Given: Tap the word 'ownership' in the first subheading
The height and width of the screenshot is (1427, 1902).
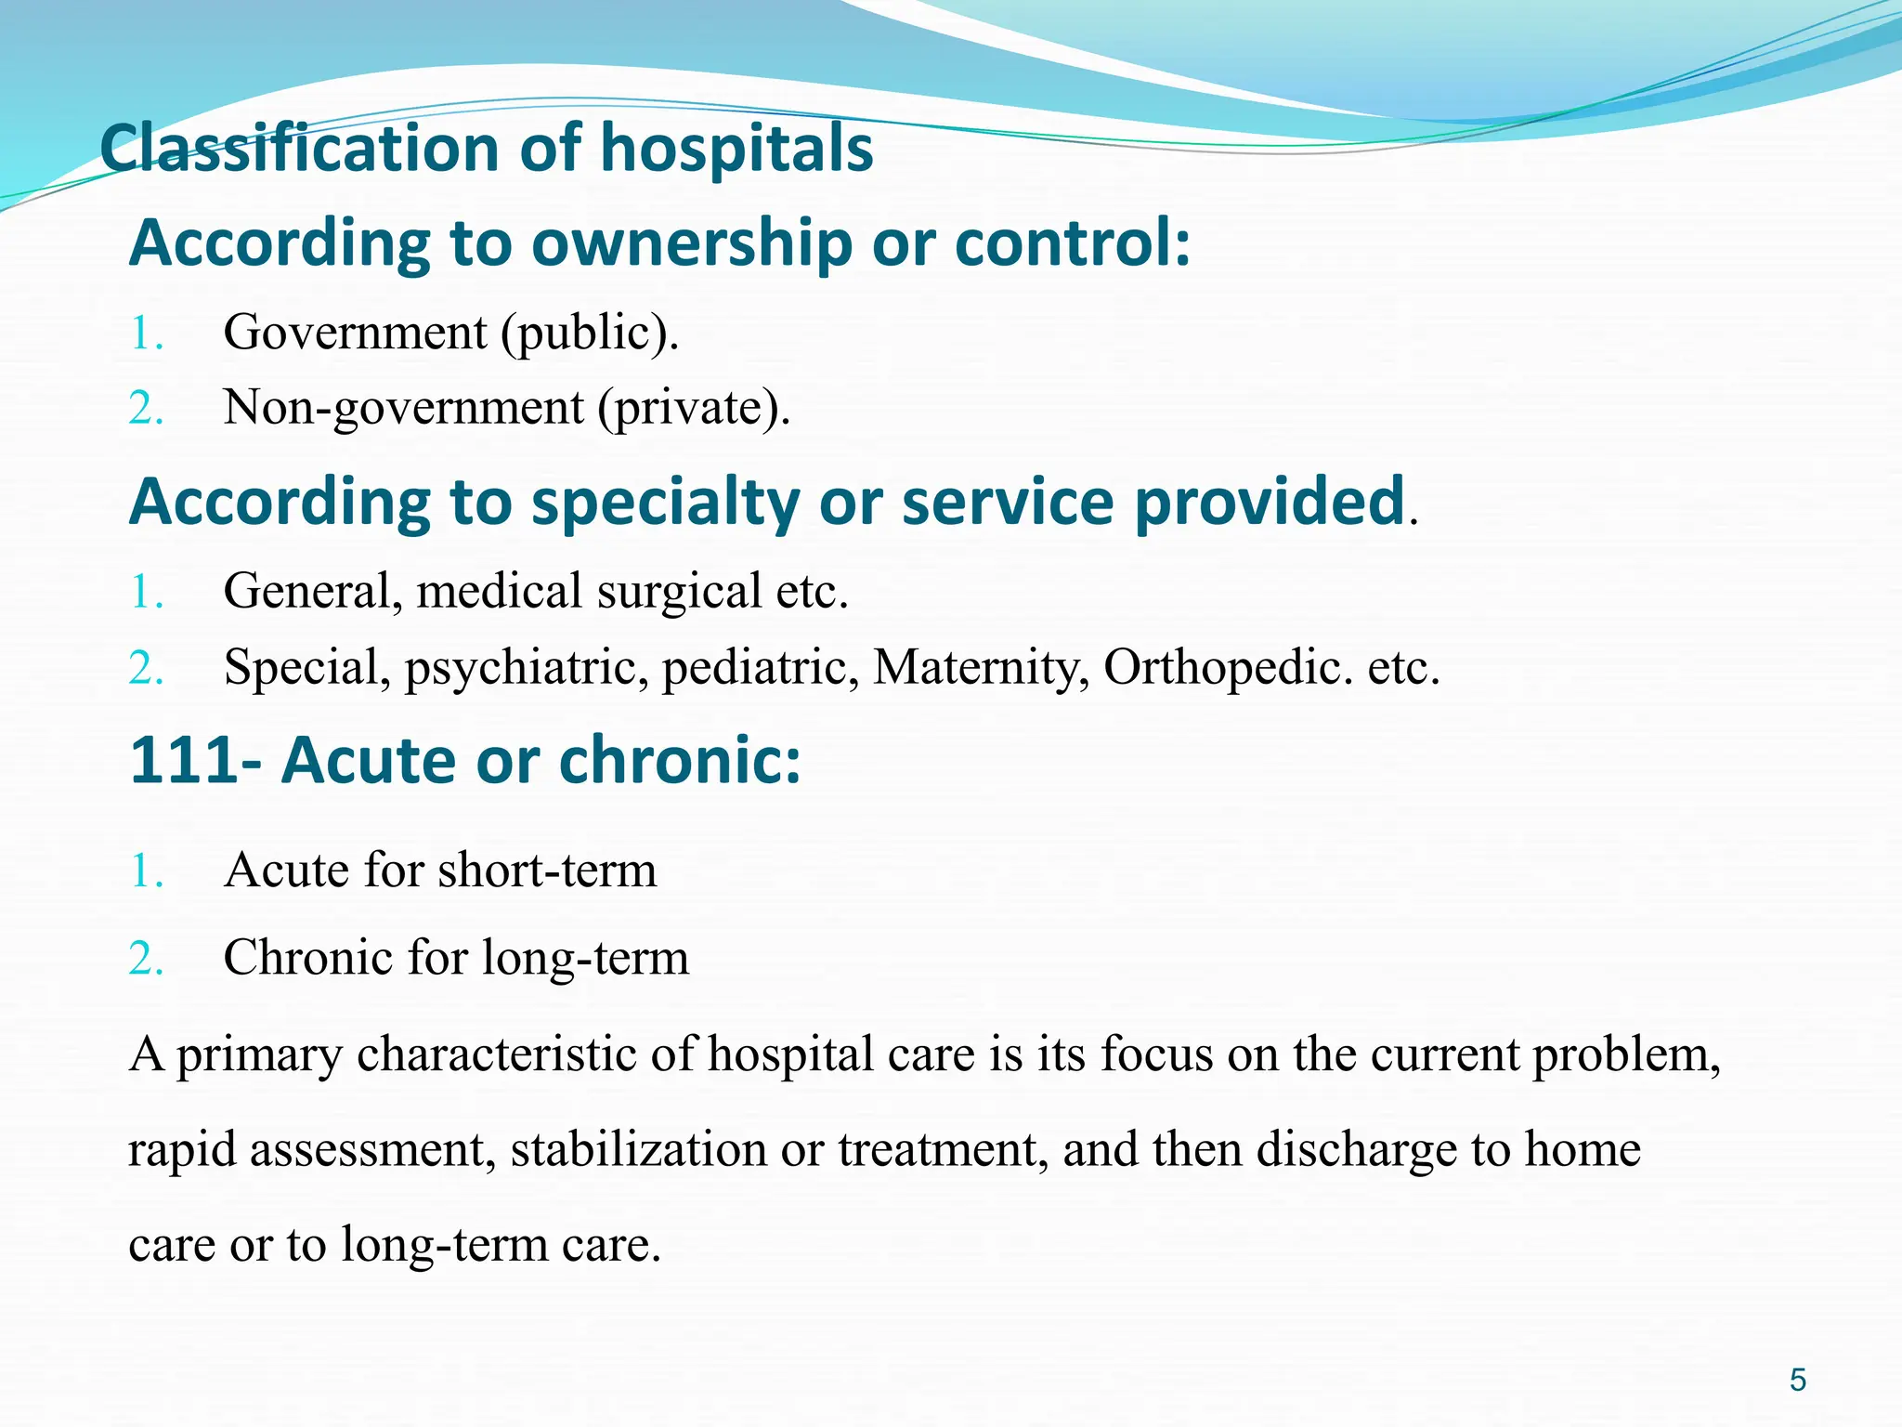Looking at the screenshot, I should [692, 243].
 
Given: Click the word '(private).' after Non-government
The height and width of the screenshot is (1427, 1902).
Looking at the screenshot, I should [694, 407].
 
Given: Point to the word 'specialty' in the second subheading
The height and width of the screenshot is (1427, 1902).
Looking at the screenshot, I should [665, 503].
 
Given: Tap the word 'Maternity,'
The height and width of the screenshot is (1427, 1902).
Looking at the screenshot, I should [981, 667].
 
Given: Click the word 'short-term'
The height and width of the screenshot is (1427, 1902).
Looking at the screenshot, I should [547, 871].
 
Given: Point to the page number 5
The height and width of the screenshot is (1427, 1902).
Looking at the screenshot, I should [1798, 1380].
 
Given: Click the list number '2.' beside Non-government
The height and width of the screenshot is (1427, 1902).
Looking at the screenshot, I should [147, 408].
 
